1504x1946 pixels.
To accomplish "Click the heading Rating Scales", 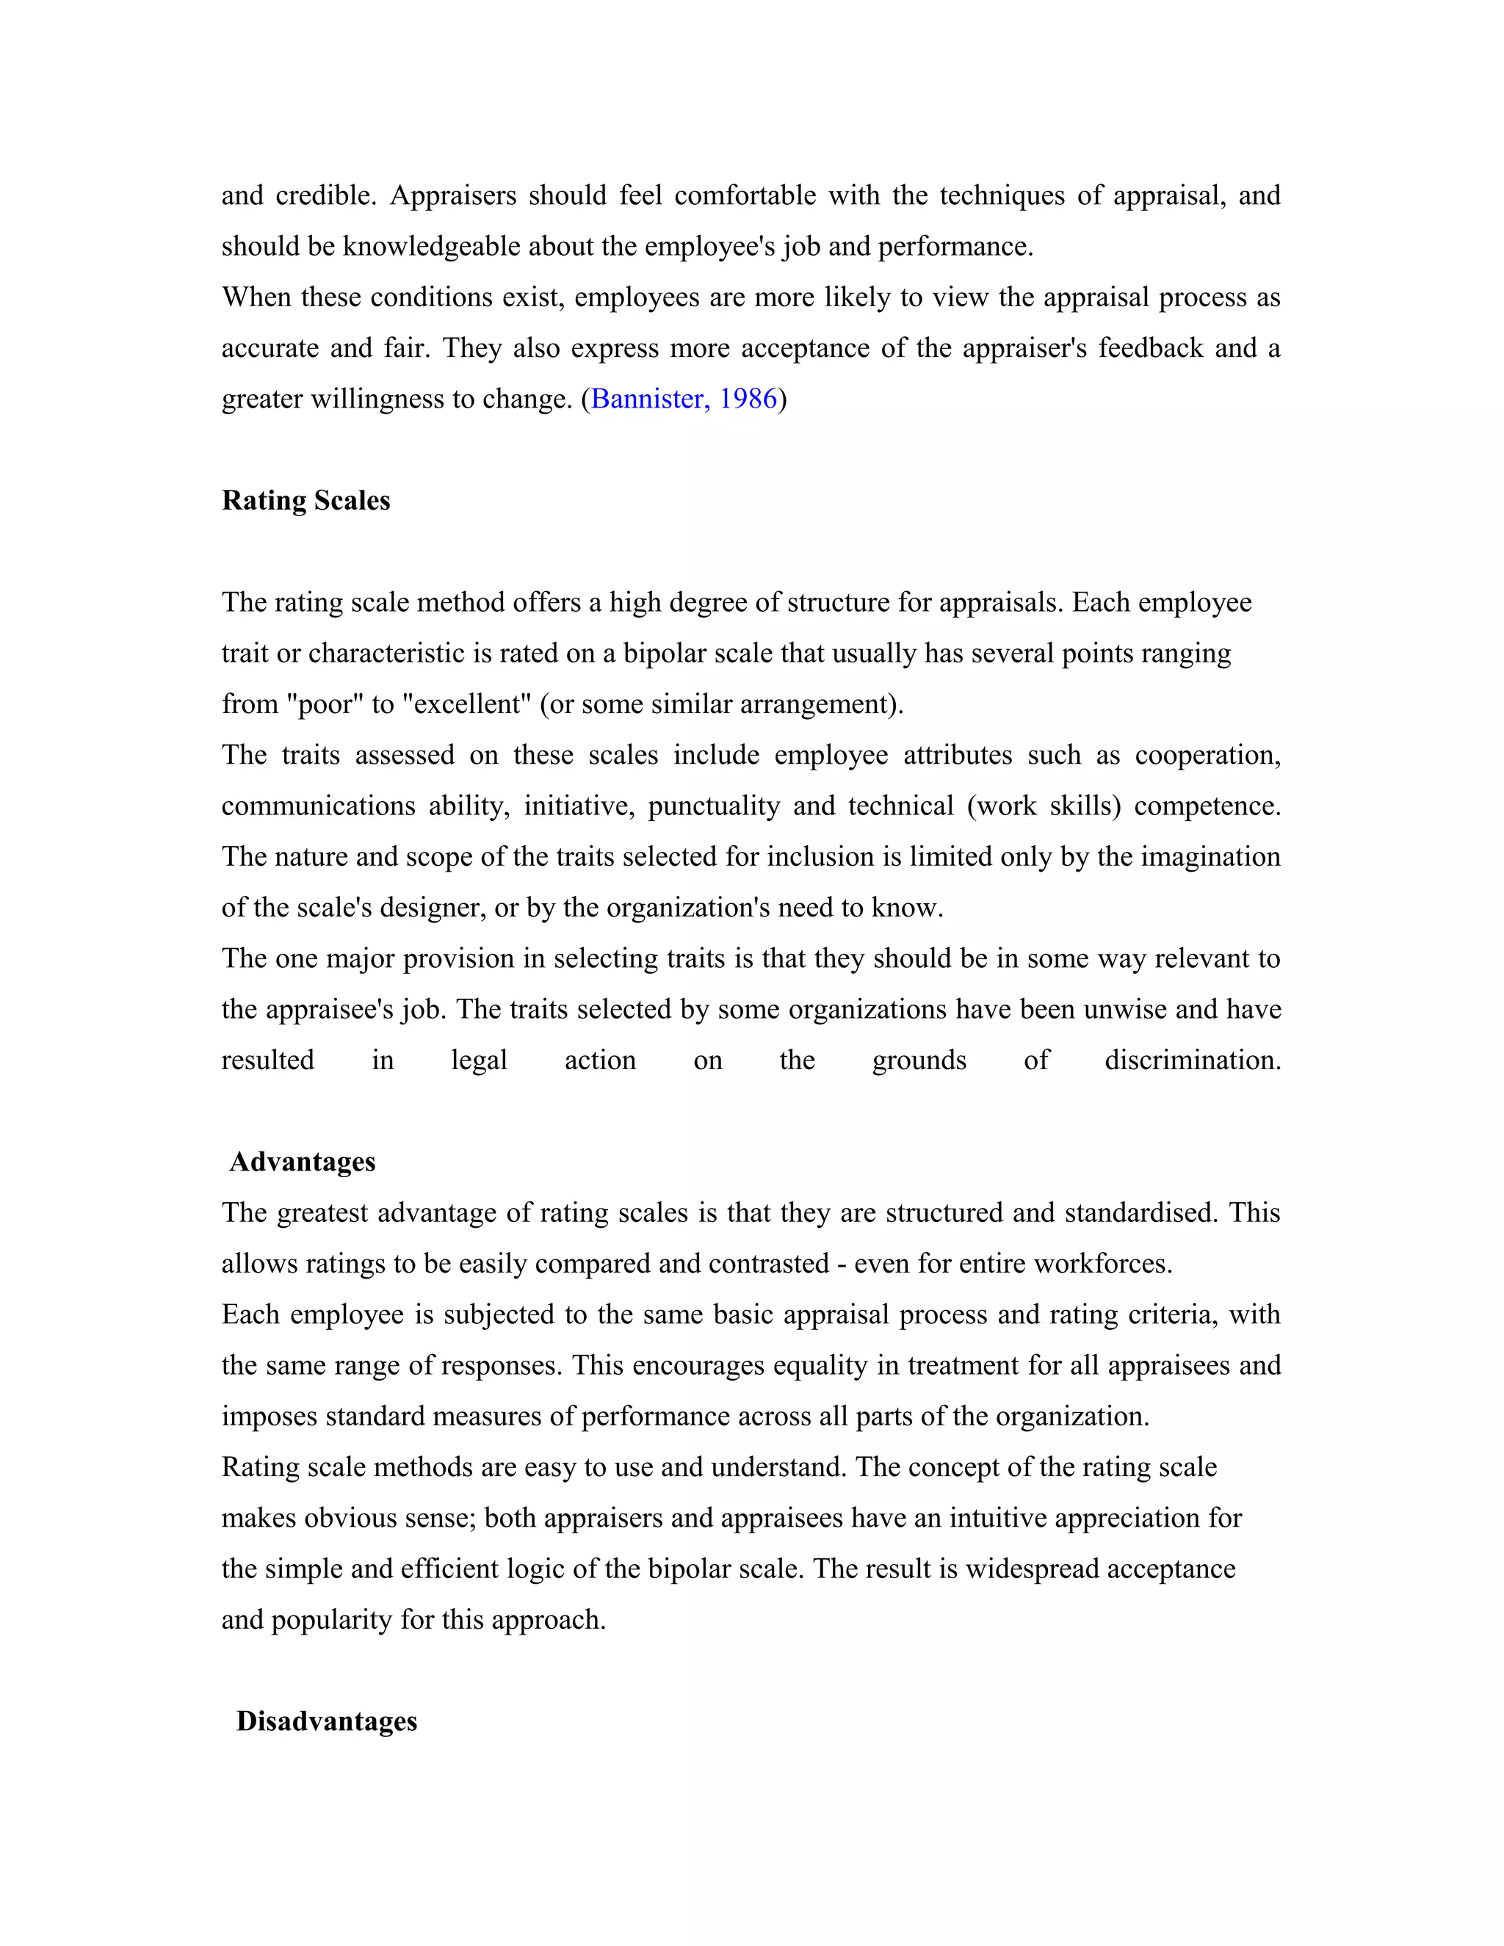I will (x=305, y=501).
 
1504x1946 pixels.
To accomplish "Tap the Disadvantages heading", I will (x=326, y=1721).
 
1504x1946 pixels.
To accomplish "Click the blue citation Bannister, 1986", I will (x=684, y=398).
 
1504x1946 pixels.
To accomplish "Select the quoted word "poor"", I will (x=325, y=704).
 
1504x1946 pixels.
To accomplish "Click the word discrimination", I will (x=1192, y=1060).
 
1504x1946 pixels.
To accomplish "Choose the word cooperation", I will (x=1207, y=755).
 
